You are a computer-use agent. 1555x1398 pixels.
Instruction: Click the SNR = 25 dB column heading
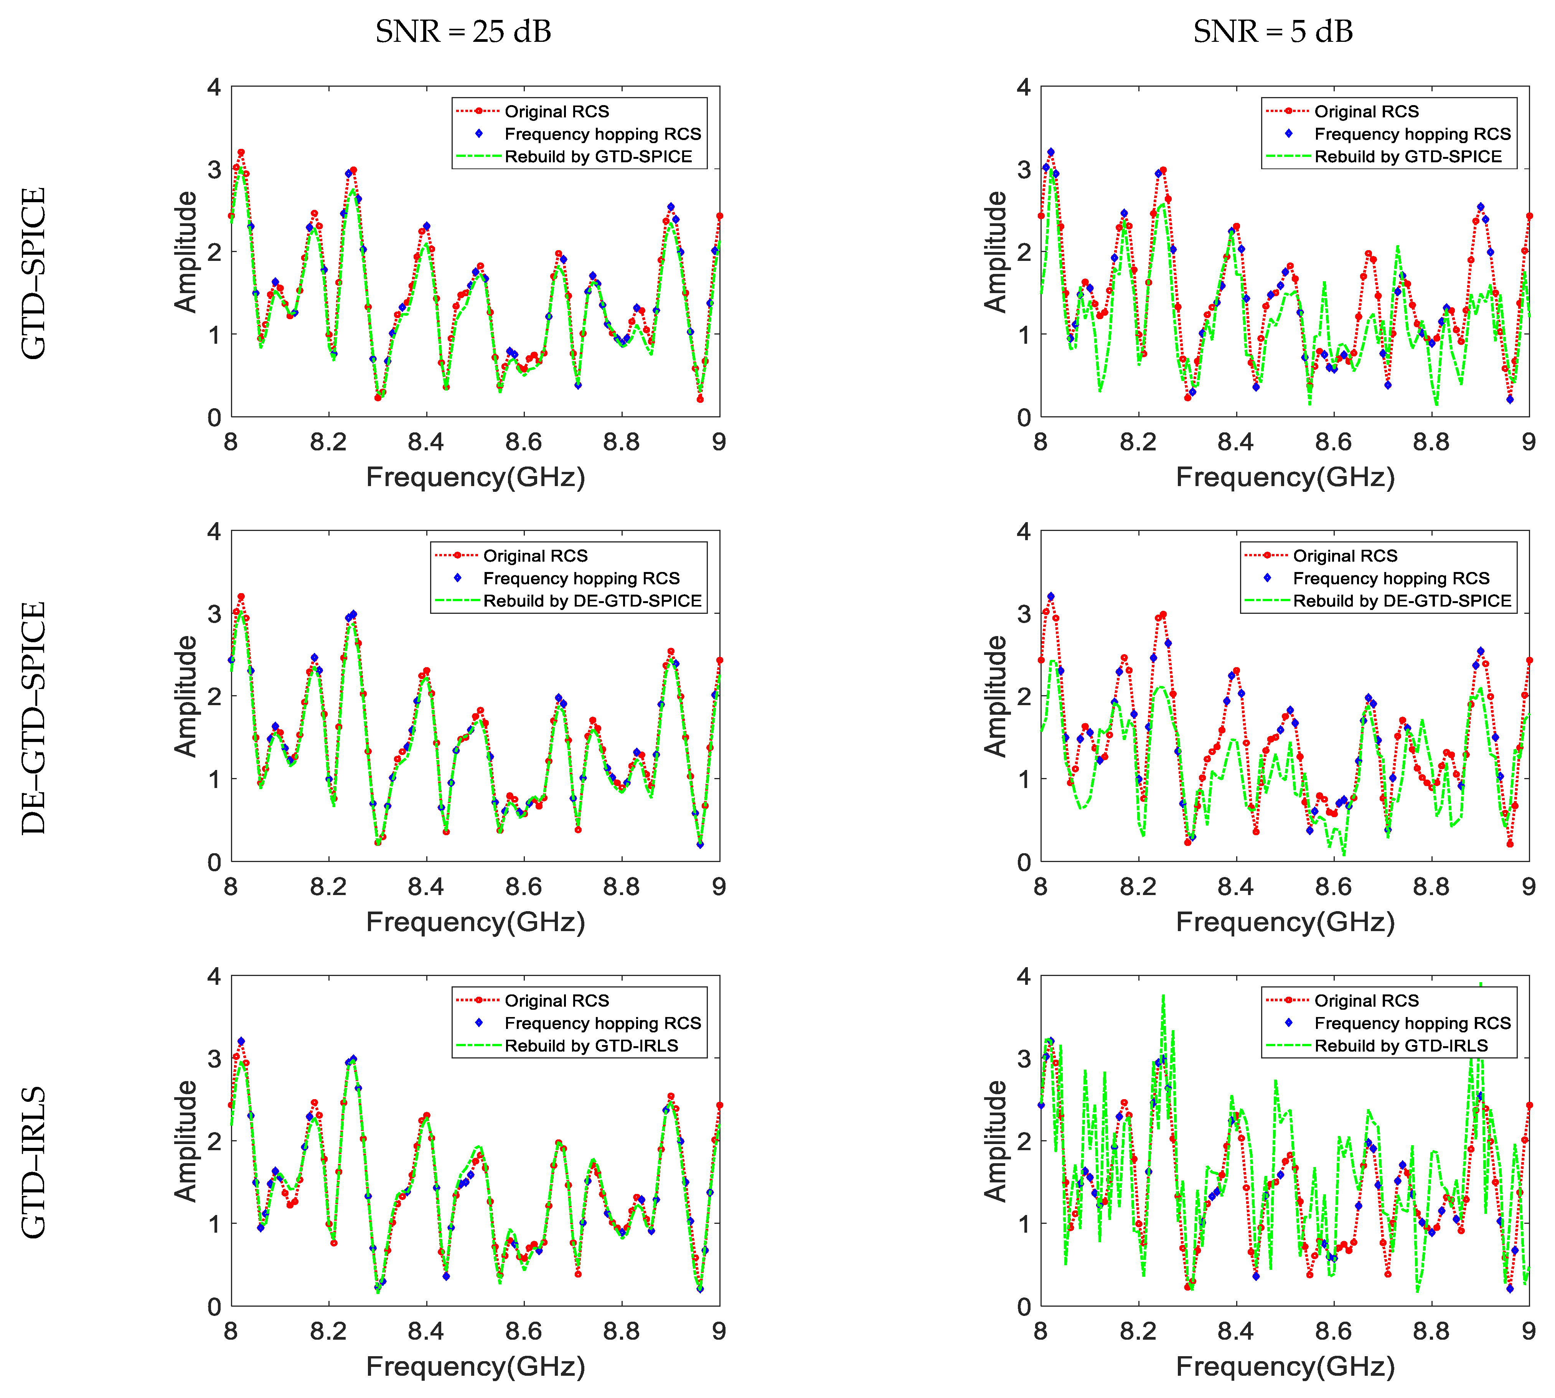(463, 31)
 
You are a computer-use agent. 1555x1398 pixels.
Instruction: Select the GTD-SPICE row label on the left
(34, 274)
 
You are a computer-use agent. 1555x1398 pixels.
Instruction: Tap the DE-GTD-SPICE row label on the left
(34, 718)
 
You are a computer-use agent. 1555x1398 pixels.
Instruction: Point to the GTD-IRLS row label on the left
(34, 1162)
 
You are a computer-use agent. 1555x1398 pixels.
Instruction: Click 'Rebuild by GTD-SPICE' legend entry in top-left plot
(598, 157)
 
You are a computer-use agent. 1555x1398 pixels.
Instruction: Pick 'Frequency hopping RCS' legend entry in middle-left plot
(581, 579)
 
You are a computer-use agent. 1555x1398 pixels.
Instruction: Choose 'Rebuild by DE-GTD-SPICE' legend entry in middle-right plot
(1402, 601)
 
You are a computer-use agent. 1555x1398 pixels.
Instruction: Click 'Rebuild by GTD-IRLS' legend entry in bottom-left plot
(591, 1045)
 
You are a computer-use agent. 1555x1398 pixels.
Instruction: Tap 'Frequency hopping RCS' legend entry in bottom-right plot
(1412, 1023)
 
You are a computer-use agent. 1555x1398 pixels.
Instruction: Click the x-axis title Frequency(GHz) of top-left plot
(476, 477)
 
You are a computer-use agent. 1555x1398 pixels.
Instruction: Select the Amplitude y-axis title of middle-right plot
(996, 696)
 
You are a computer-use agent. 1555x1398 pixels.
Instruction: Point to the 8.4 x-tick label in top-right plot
(1235, 442)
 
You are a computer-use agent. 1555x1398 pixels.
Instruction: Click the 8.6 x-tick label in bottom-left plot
(523, 1331)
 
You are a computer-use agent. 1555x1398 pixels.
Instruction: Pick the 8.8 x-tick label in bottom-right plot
(1431, 1331)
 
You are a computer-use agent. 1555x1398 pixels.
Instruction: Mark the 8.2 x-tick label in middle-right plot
(1138, 887)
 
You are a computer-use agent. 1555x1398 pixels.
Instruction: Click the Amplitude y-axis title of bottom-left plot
(186, 1141)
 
